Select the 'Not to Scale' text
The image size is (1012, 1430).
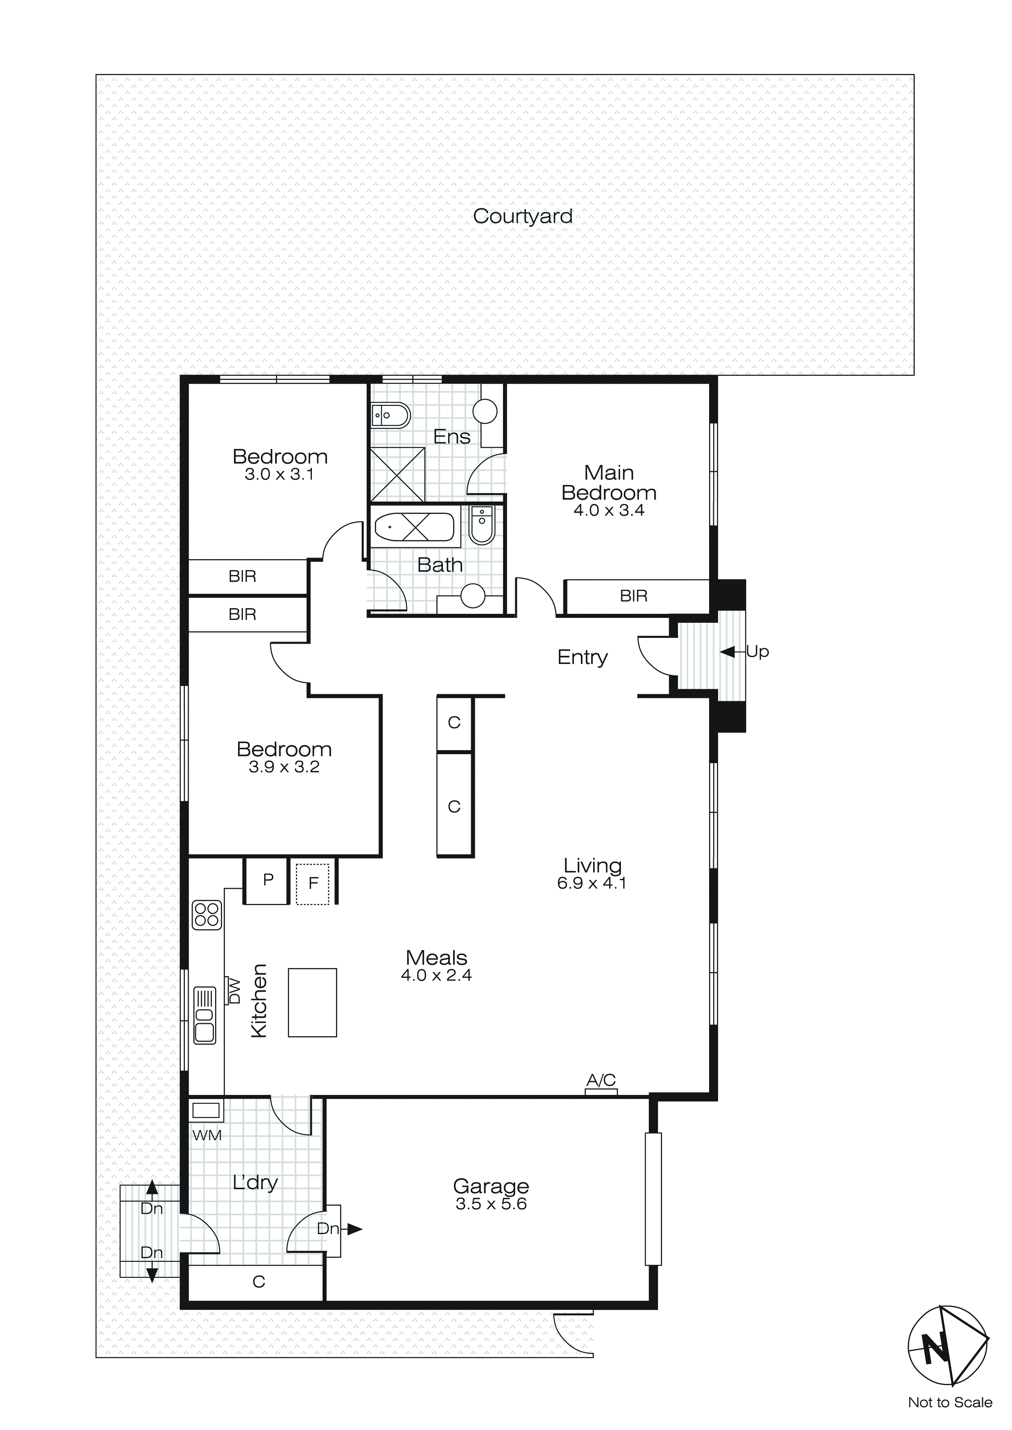coord(950,1402)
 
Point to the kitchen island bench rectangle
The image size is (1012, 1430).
coord(312,1003)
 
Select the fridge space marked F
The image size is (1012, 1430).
coord(313,883)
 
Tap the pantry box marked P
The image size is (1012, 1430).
coord(268,879)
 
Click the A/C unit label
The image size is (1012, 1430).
coord(601,1080)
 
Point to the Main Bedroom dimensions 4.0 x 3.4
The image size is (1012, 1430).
coord(608,510)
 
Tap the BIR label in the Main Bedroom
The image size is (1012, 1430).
coord(633,596)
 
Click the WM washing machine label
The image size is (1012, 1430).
coord(207,1135)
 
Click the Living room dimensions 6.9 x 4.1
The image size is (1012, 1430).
coord(592,883)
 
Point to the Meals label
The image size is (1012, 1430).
coord(436,957)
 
